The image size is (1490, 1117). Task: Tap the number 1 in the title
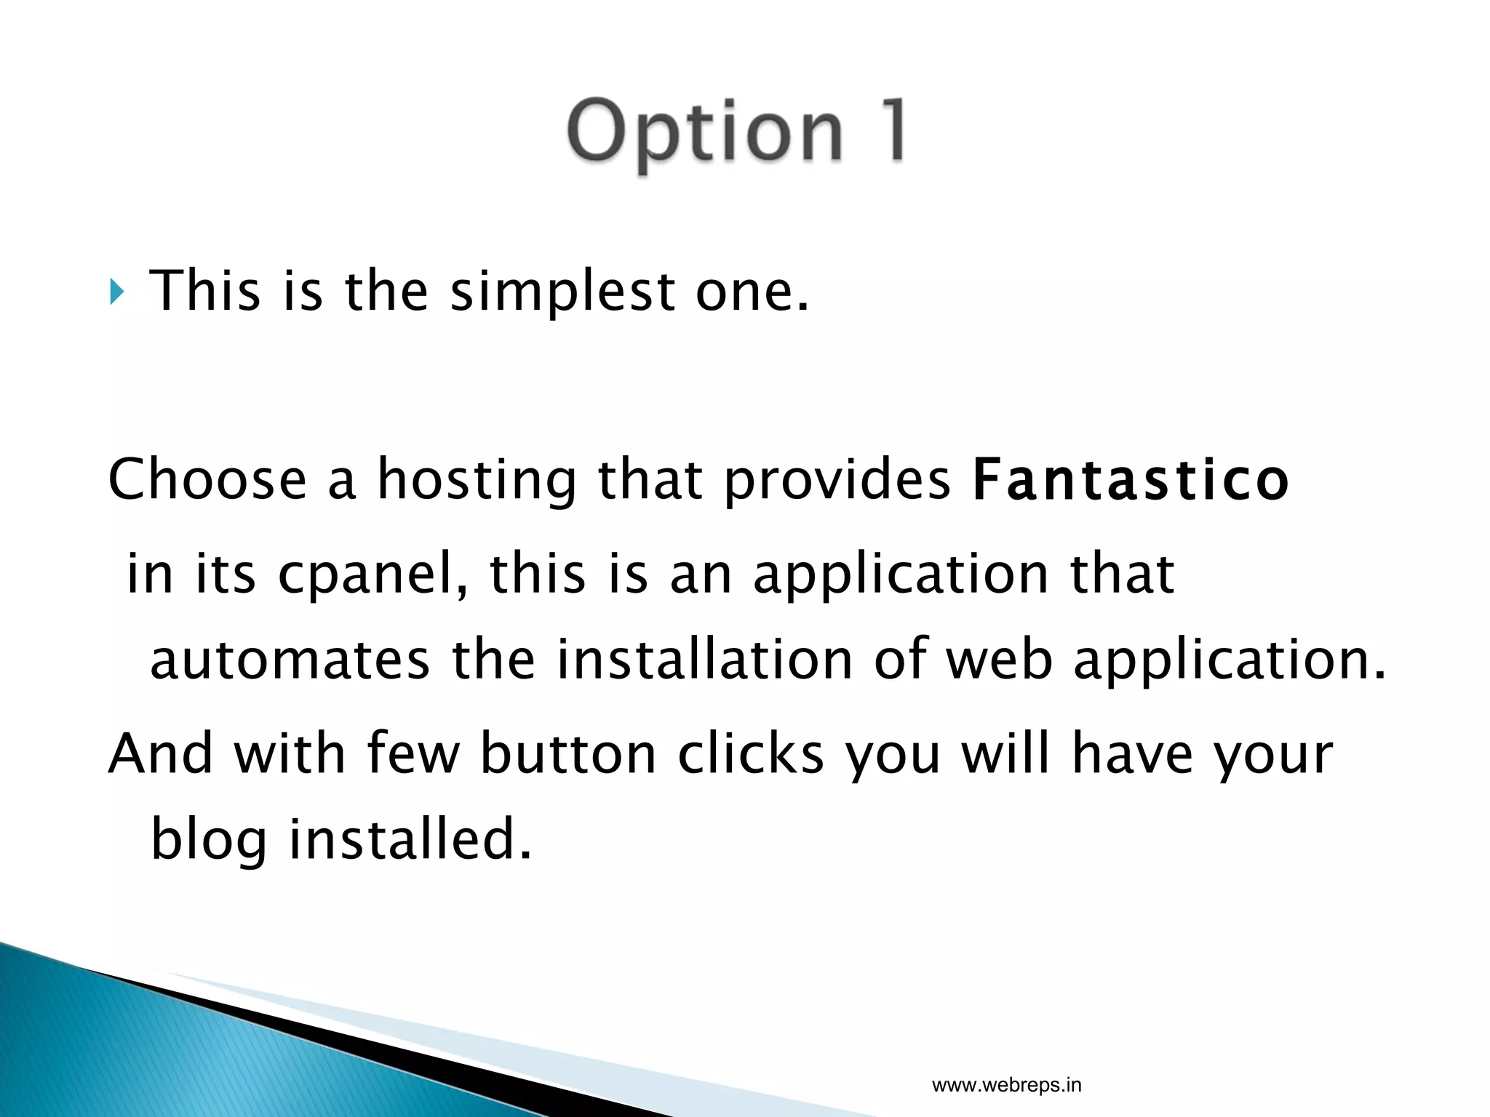pyautogui.click(x=888, y=131)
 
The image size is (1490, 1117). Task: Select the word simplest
pyautogui.click(x=562, y=292)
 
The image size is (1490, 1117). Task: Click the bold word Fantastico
pyautogui.click(x=1131, y=480)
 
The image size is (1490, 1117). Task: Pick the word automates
pyautogui.click(x=290, y=660)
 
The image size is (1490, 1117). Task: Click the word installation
pyautogui.click(x=704, y=660)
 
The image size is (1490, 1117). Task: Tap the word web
pyautogui.click(x=998, y=660)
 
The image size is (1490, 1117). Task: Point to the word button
pyautogui.click(x=568, y=753)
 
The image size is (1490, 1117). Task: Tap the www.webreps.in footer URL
pyautogui.click(x=1006, y=1086)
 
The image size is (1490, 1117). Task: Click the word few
pyautogui.click(x=413, y=753)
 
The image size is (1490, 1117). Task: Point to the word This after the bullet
pyautogui.click(x=204, y=292)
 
